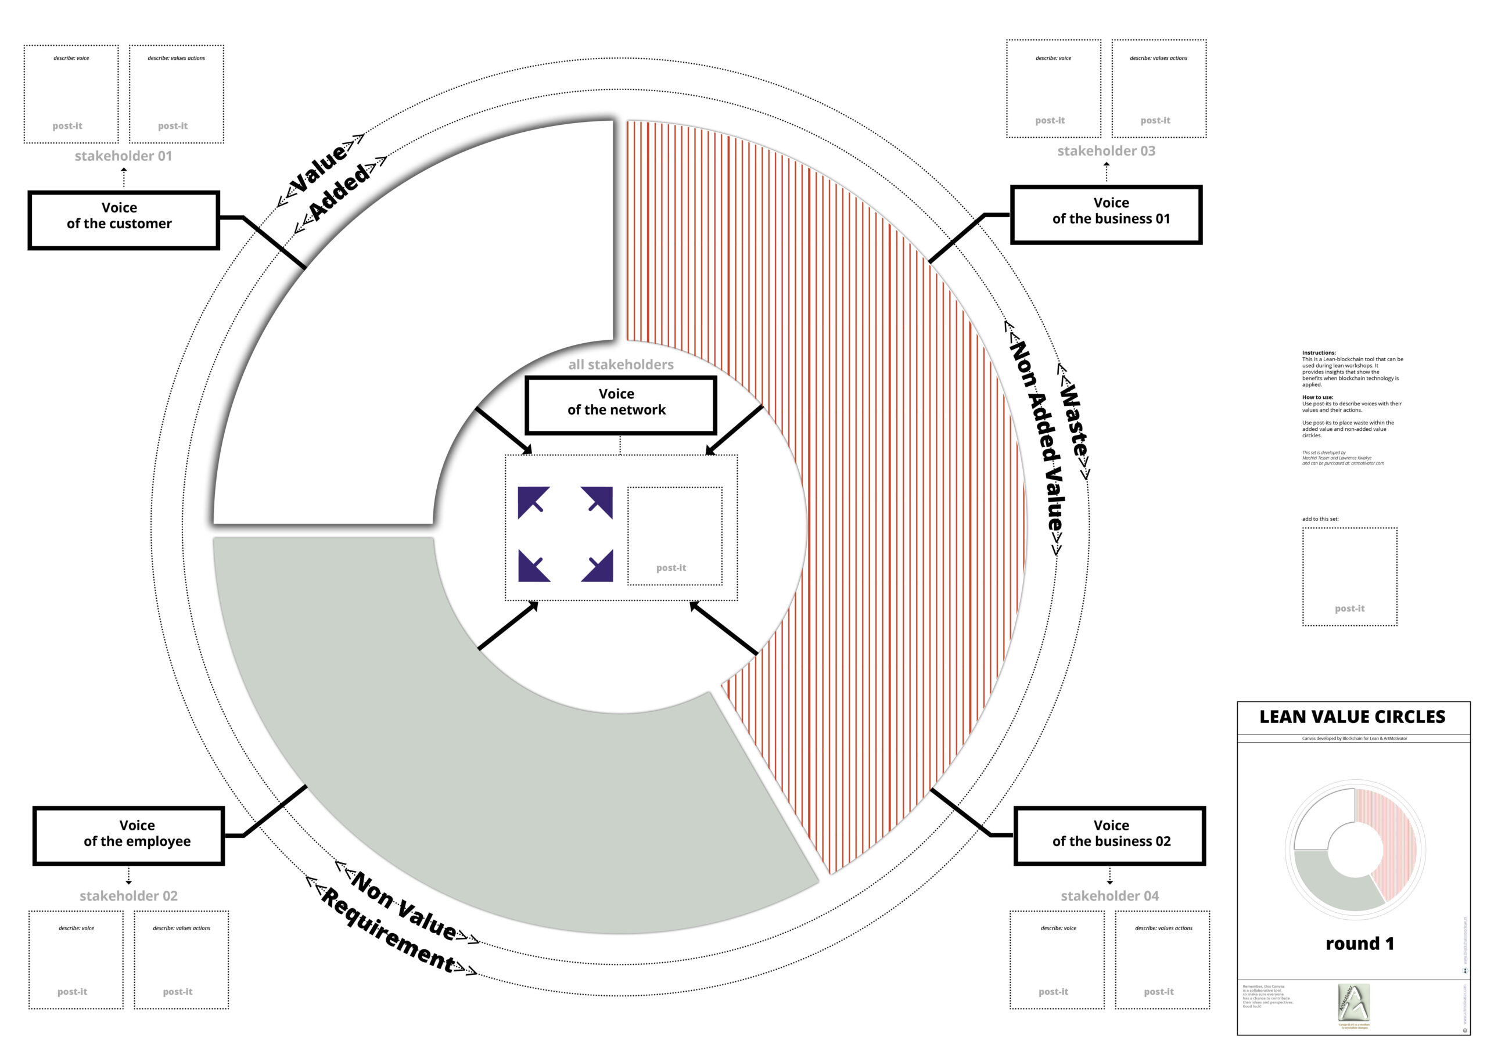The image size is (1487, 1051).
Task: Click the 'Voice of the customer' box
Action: pos(124,220)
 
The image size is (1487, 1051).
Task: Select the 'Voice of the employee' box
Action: pos(128,836)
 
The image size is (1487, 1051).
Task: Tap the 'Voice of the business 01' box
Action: pos(1106,215)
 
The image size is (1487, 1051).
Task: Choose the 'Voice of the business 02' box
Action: pos(1109,836)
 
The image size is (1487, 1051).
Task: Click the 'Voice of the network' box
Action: pos(620,405)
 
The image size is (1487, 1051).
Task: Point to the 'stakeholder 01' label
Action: pos(123,156)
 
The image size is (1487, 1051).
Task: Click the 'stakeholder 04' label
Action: pos(1109,895)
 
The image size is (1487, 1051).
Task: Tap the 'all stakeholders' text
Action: pos(620,365)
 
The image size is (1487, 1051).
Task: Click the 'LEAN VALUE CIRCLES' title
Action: pos(1352,717)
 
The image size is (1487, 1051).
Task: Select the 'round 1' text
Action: pos(1359,944)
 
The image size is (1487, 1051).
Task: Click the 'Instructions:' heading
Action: pos(1319,353)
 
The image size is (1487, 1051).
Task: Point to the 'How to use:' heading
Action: pos(1317,397)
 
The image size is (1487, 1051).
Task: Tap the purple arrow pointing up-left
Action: pos(533,502)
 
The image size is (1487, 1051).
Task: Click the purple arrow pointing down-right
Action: pos(598,566)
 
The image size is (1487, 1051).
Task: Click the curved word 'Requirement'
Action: pos(389,933)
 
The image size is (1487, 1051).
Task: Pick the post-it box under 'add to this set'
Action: pos(1350,577)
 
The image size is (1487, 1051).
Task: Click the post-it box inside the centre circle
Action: pos(674,536)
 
